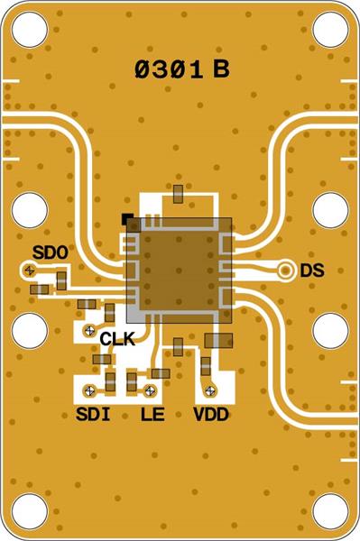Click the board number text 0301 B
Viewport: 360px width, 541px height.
[180, 69]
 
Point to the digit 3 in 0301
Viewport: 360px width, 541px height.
[162, 69]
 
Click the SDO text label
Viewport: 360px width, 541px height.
[50, 253]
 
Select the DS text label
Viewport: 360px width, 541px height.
[311, 270]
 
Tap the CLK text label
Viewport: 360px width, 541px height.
[117, 340]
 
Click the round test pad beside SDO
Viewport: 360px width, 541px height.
[30, 270]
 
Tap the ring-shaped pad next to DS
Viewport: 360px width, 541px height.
[285, 270]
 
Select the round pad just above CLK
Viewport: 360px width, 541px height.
[89, 330]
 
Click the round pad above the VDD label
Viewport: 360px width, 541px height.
[210, 390]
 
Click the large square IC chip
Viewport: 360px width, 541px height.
[180, 270]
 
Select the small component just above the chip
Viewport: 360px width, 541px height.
[180, 192]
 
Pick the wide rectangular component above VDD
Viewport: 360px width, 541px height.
[219, 340]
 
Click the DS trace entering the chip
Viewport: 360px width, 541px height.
[257, 269]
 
